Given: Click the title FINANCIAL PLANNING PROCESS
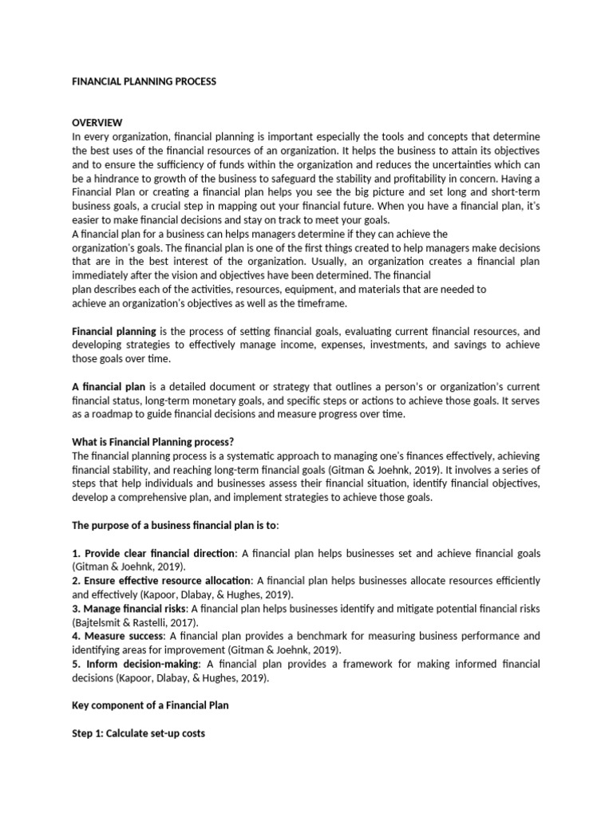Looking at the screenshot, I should click(x=144, y=81).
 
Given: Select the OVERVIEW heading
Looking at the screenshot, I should click(x=97, y=123).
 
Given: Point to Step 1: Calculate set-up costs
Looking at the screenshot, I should click(x=139, y=732).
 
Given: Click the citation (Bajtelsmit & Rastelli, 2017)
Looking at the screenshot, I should click(x=135, y=622).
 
